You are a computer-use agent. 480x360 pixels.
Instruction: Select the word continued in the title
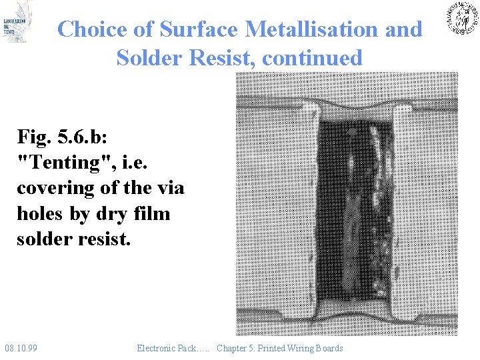(x=312, y=58)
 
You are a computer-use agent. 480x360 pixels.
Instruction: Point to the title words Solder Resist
(x=186, y=58)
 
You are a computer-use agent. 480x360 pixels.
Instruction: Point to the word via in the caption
(x=168, y=188)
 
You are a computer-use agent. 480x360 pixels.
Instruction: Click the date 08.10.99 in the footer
(x=21, y=348)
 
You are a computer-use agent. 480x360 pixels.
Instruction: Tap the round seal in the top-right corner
(x=461, y=18)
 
